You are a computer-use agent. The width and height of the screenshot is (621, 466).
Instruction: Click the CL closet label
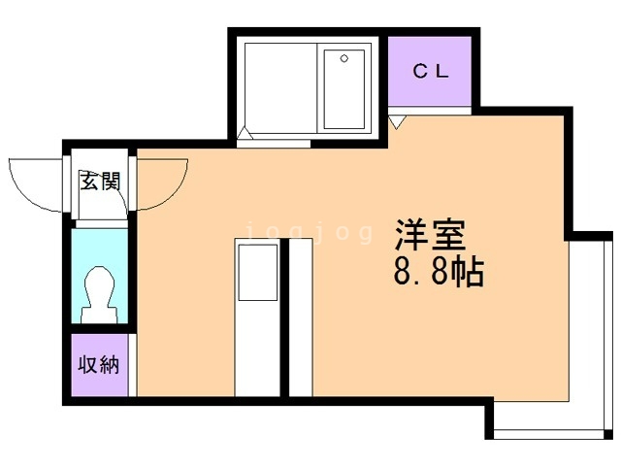tap(431, 71)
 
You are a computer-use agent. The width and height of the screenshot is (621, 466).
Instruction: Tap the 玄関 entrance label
tap(100, 182)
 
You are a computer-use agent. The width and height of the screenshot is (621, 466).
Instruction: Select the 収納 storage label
tap(99, 365)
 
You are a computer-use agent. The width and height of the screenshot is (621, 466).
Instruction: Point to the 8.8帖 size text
tap(439, 272)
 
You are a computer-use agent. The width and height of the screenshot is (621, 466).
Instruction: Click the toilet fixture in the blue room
tap(100, 294)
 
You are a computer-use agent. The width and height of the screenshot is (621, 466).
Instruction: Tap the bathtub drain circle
tap(344, 58)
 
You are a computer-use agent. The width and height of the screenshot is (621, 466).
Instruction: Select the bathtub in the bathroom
tap(344, 89)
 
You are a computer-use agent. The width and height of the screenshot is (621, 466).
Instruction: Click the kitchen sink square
tap(257, 272)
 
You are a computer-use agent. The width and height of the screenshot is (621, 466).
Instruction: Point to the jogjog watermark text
tap(310, 232)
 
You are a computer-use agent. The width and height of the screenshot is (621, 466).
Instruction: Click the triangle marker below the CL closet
tap(397, 121)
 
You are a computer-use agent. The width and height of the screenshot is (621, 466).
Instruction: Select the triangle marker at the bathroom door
tap(245, 133)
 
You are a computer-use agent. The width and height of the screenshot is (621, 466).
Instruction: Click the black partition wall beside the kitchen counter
tap(284, 317)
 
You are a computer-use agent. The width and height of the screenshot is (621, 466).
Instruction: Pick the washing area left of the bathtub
tap(280, 88)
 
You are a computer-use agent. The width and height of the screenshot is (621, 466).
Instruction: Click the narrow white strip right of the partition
tap(301, 317)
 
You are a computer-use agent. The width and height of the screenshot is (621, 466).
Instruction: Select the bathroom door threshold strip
tap(274, 144)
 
